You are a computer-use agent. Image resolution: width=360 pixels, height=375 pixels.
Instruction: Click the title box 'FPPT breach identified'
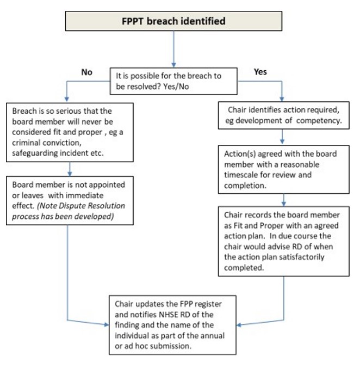(x=173, y=21)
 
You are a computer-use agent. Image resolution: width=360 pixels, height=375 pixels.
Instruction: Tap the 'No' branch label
(x=86, y=72)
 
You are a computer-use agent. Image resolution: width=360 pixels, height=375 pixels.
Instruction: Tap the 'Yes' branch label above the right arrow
(x=260, y=71)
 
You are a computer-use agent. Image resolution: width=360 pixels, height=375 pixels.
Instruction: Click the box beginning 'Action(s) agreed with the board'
(x=283, y=169)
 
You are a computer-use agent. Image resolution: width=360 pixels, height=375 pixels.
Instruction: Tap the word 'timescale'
(x=243, y=175)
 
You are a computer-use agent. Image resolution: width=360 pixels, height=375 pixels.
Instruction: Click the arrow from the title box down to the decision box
(x=173, y=48)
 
